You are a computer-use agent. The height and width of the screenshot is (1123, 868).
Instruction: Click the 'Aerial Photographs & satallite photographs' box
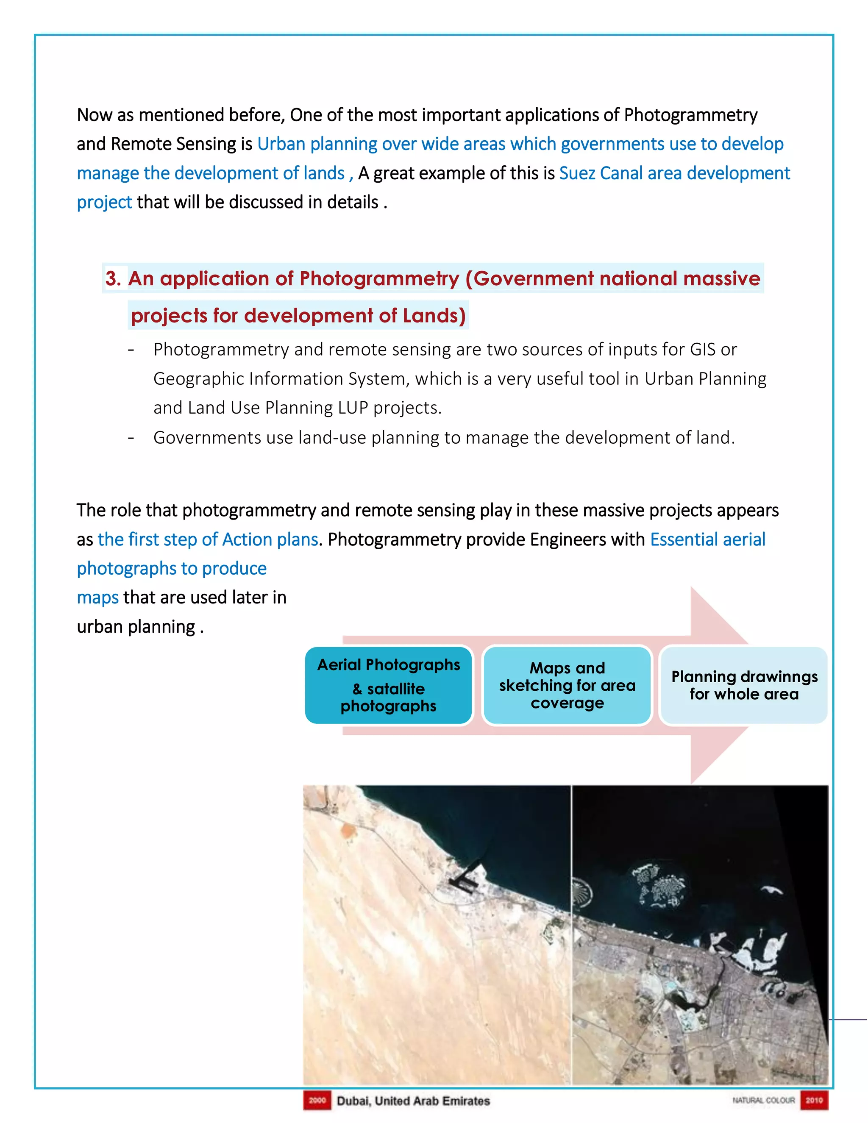[388, 685]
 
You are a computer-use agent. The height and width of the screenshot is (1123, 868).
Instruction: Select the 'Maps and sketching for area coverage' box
[567, 685]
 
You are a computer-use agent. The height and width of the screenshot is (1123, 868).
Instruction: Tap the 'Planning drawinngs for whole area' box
[744, 685]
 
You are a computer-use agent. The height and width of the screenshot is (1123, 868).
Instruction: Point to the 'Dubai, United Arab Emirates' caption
[413, 1101]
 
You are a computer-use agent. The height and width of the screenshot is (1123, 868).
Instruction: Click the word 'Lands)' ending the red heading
[434, 316]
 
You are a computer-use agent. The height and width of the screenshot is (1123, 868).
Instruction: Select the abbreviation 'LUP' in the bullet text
[353, 408]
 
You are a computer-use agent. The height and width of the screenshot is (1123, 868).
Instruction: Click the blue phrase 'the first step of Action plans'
[208, 539]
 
